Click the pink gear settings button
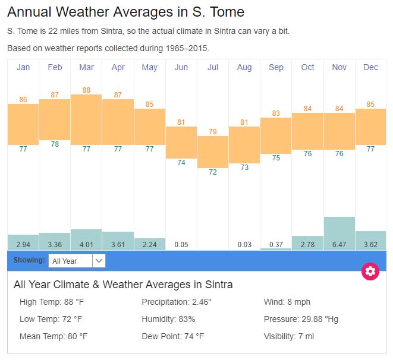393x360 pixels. coord(370,271)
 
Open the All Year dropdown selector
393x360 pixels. coord(78,261)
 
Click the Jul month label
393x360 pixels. coord(213,68)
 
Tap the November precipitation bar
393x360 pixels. coord(339,233)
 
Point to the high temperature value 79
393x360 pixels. coord(213,131)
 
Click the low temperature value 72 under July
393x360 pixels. coord(213,172)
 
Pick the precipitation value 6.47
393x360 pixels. coord(339,244)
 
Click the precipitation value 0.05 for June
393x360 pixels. coord(181,244)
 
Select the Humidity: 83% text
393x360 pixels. coord(168,319)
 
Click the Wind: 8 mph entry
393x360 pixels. coord(287,302)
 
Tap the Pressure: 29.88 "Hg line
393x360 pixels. coord(301,319)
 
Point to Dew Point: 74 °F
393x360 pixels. coord(172,336)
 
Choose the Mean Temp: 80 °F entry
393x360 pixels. coord(54,336)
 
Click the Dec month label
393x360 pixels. coord(370,68)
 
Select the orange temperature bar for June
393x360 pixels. coord(181,143)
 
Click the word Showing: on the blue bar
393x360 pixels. coord(29,260)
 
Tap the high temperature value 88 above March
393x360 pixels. coord(86,90)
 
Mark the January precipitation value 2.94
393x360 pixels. coord(23,244)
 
